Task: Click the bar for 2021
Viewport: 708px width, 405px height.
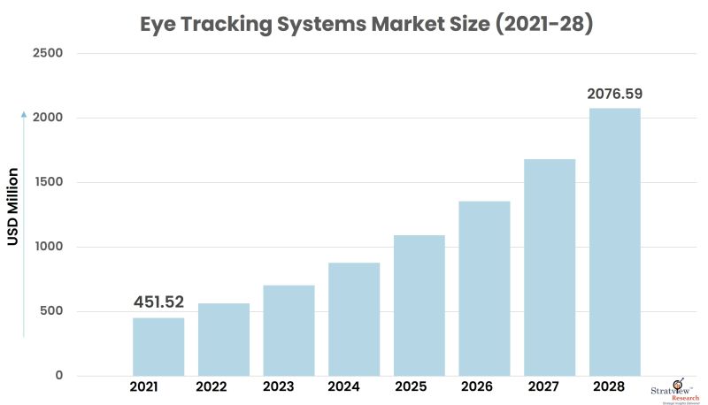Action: pyautogui.click(x=158, y=347)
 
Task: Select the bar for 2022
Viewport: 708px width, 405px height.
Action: pyautogui.click(x=224, y=340)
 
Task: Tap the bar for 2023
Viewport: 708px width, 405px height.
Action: pyautogui.click(x=289, y=331)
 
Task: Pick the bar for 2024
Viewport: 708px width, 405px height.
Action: pyautogui.click(x=354, y=319)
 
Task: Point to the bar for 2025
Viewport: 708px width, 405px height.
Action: pyautogui.click(x=419, y=305)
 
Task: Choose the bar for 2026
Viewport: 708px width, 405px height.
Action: pyautogui.click(x=484, y=288)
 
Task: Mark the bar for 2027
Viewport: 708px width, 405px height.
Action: pyautogui.click(x=550, y=267)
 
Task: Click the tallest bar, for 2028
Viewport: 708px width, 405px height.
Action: pyautogui.click(x=615, y=241)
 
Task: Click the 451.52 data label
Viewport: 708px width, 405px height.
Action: pyautogui.click(x=158, y=302)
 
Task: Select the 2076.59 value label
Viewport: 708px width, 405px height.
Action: pyautogui.click(x=615, y=93)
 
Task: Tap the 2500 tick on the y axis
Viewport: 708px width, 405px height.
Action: pyautogui.click(x=48, y=54)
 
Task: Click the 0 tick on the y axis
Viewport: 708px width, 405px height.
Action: pyautogui.click(x=58, y=376)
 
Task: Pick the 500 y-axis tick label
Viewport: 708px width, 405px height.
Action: pyautogui.click(x=51, y=311)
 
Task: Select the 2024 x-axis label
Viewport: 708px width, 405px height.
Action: pyautogui.click(x=354, y=387)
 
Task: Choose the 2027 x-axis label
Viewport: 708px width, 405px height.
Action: pyautogui.click(x=550, y=387)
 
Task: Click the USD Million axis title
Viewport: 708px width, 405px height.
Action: pyautogui.click(x=13, y=207)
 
